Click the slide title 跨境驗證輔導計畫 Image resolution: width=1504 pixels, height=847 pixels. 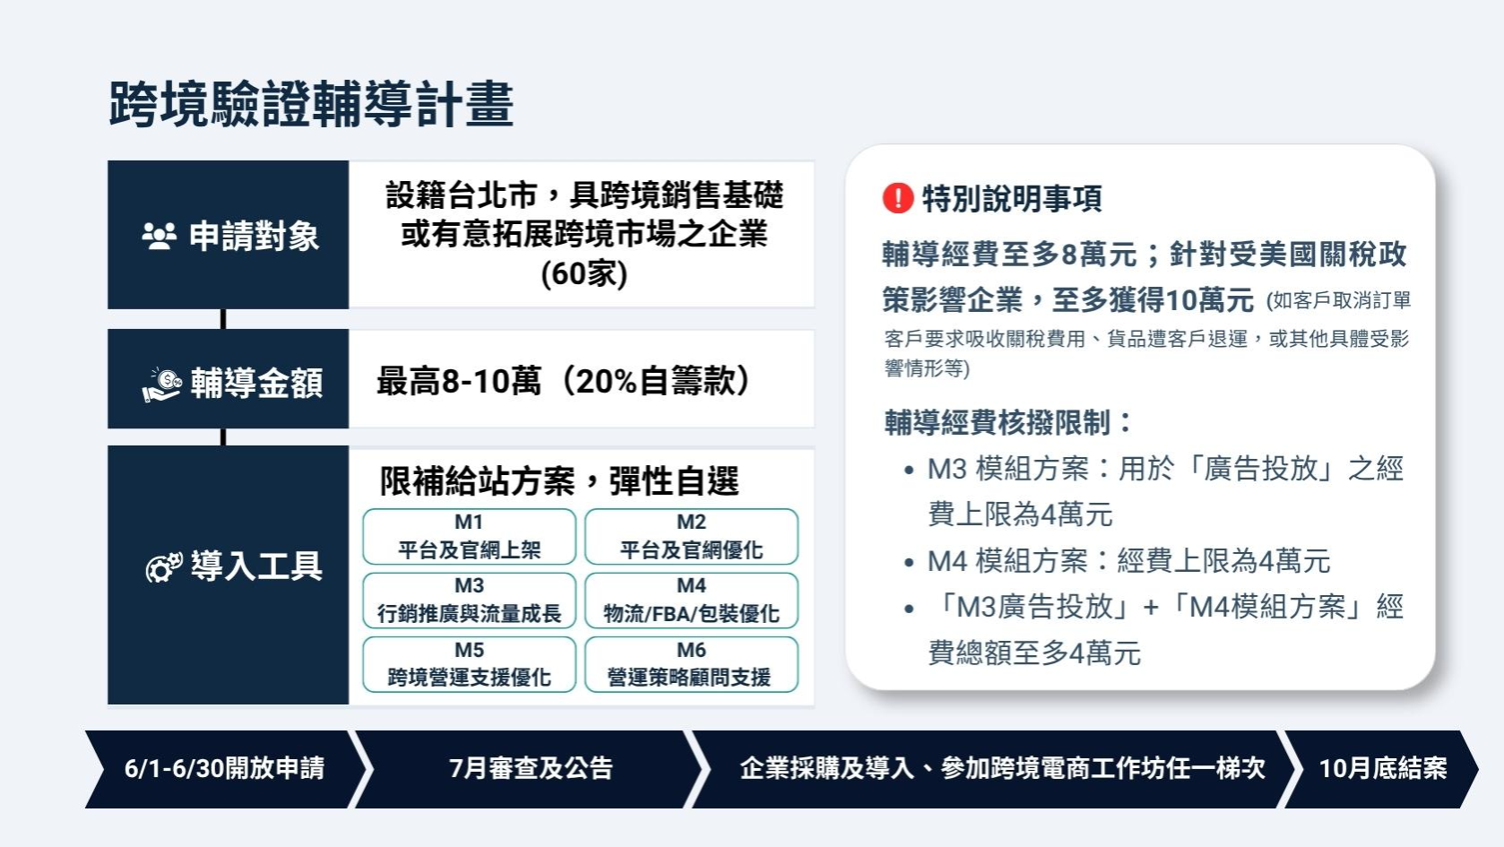click(x=311, y=104)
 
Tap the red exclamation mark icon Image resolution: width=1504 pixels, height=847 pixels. click(x=898, y=198)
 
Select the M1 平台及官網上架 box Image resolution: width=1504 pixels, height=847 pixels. click(x=470, y=536)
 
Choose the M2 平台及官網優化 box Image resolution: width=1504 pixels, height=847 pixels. click(x=692, y=536)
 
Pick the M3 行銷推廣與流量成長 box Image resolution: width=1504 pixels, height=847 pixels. click(x=470, y=600)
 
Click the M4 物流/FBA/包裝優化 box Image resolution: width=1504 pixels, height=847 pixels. click(x=692, y=600)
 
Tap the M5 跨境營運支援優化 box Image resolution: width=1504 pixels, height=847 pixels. click(x=470, y=664)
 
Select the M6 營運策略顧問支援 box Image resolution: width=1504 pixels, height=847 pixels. click(x=692, y=664)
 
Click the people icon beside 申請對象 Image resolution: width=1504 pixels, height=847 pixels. click(x=160, y=237)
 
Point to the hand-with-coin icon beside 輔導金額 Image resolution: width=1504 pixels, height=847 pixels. click(x=162, y=385)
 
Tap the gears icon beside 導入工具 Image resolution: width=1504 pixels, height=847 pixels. click(x=164, y=567)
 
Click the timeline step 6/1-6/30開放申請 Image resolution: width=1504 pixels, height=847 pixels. click(x=224, y=769)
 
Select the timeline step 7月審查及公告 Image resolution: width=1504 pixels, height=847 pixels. click(x=531, y=769)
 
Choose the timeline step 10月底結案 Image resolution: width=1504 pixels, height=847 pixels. click(x=1382, y=769)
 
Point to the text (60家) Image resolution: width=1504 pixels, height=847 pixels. click(x=583, y=274)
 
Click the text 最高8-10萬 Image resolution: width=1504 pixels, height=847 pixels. click(x=459, y=381)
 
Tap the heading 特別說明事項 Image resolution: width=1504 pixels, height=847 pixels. click(x=1012, y=199)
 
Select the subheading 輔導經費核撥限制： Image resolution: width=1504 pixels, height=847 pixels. click(x=1008, y=423)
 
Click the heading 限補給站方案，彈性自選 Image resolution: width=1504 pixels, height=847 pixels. click(x=559, y=481)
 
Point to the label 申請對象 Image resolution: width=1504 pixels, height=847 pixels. click(x=255, y=237)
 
